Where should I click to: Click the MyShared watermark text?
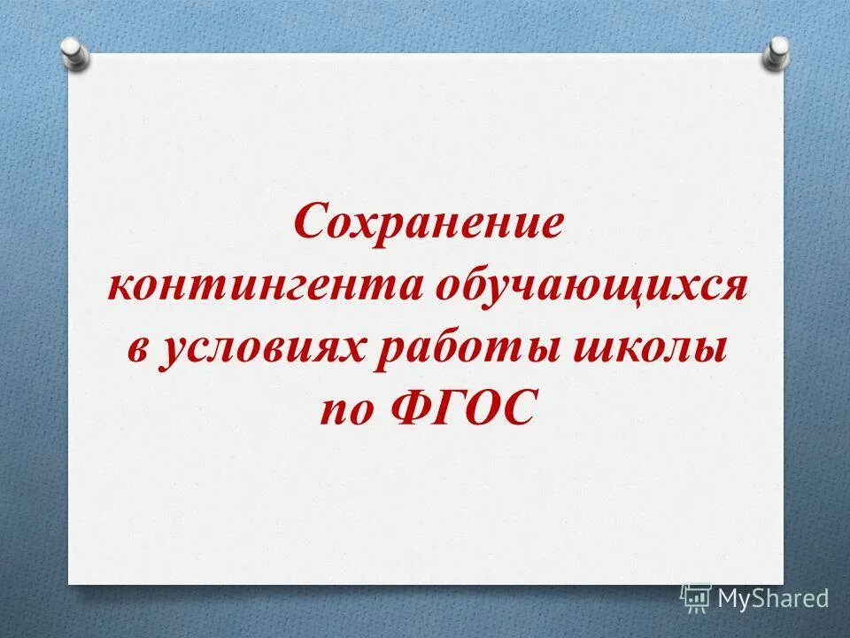[x=773, y=598]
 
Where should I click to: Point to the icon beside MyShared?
[x=696, y=597]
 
